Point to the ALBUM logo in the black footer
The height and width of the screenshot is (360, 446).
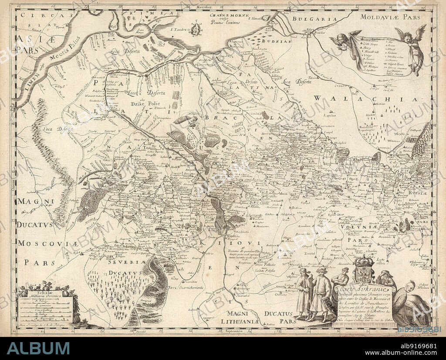click(38, 348)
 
